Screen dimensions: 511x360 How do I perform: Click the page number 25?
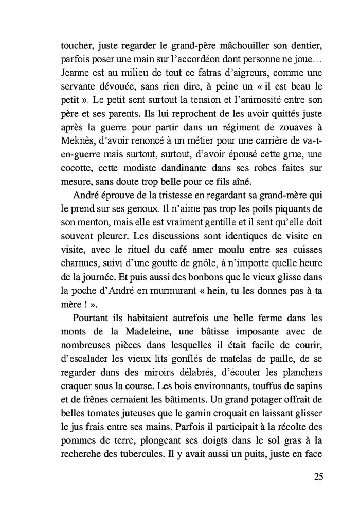(318, 476)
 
